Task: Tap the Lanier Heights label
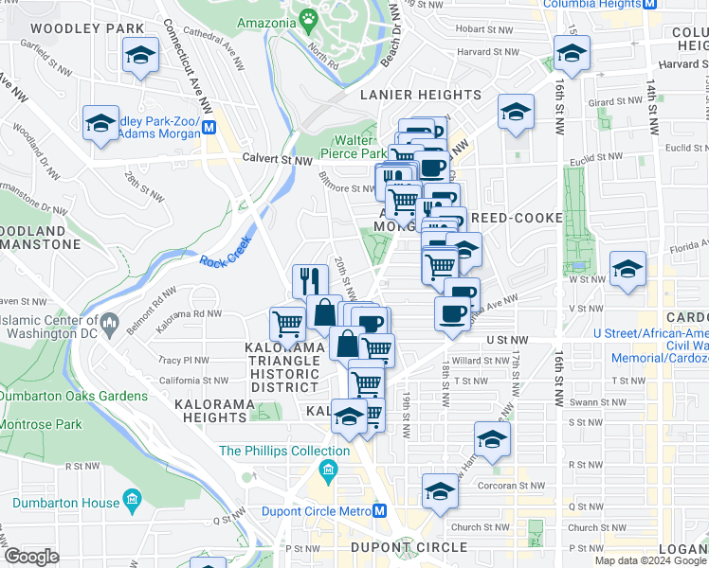click(420, 96)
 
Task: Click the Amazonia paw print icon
click(308, 18)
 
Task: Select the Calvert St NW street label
click(277, 160)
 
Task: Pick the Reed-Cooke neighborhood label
click(517, 218)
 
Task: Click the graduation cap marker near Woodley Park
click(140, 56)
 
